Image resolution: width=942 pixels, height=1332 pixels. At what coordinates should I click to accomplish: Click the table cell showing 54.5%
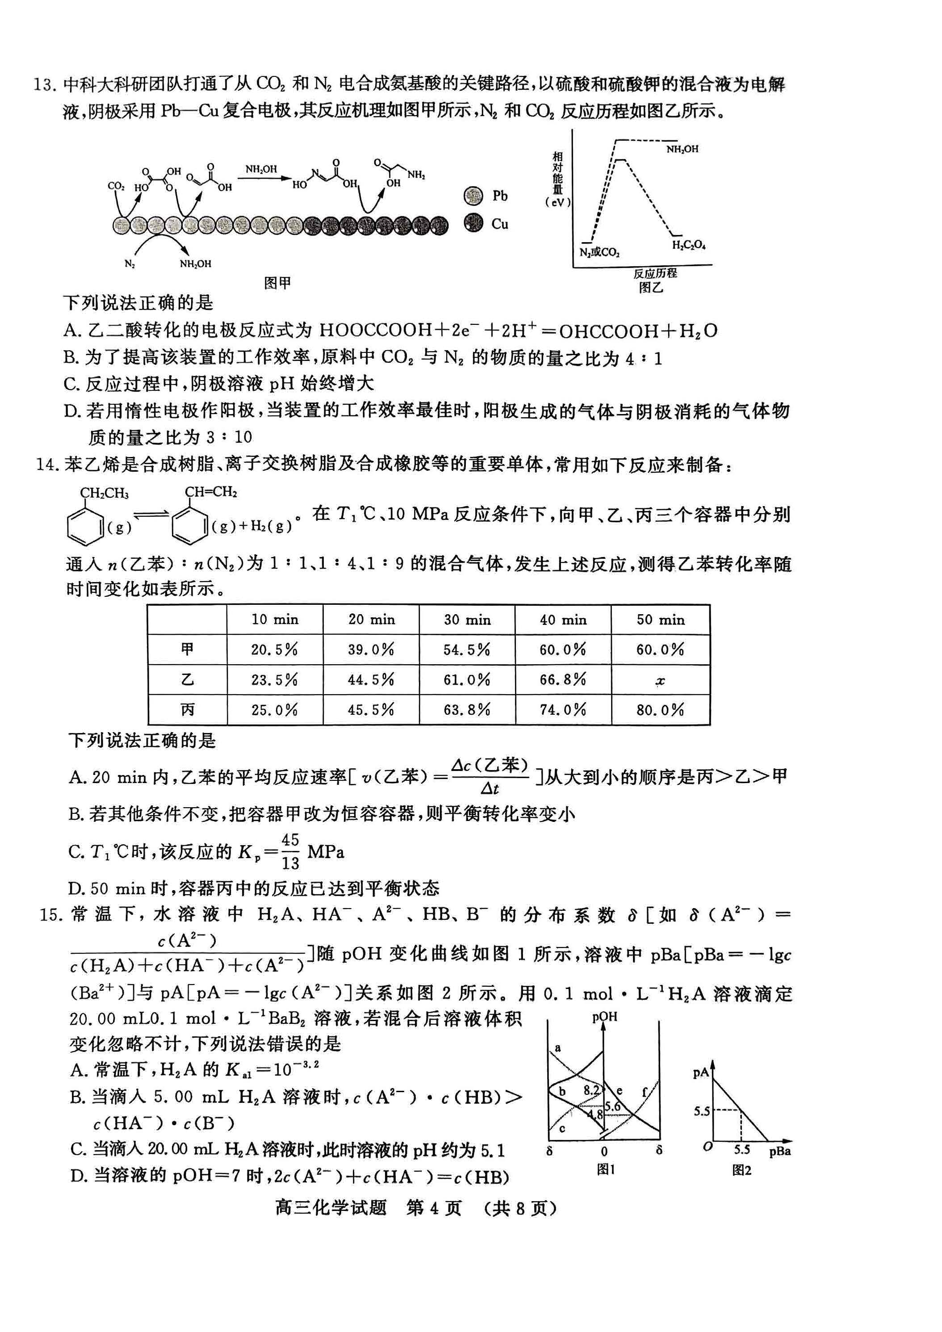pyautogui.click(x=467, y=649)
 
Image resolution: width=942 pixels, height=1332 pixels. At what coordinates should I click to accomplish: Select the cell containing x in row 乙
pyautogui.click(x=660, y=680)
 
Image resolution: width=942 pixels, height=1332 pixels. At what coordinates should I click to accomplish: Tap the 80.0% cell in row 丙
pyautogui.click(x=660, y=709)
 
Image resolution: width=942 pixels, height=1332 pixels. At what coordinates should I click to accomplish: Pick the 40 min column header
pyautogui.click(x=563, y=620)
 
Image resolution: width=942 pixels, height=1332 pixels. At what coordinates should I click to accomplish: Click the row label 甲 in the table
pyautogui.click(x=187, y=649)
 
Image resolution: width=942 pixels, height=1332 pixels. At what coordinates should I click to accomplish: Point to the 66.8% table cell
pyautogui.click(x=563, y=679)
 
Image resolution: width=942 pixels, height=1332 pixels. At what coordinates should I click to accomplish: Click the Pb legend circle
pyautogui.click(x=473, y=196)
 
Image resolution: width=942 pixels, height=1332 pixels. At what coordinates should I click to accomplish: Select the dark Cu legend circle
pyautogui.click(x=473, y=223)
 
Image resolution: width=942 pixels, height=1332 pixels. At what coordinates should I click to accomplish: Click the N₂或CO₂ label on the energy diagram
pyautogui.click(x=599, y=252)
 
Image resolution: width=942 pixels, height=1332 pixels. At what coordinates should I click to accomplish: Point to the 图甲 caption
pyautogui.click(x=277, y=283)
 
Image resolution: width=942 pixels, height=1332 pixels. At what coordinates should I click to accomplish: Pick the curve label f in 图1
pyautogui.click(x=645, y=1091)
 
